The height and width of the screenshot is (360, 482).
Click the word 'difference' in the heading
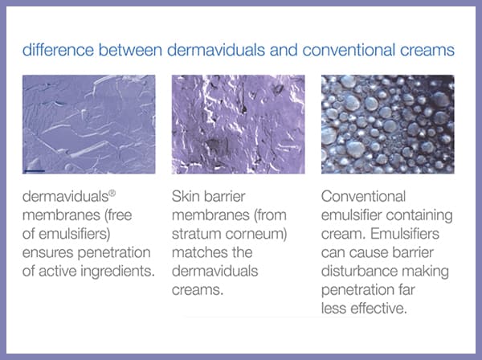coord(58,50)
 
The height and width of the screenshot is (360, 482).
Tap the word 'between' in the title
coord(130,50)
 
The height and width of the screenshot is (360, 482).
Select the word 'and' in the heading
coord(284,50)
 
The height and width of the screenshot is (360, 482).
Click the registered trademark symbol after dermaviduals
coord(112,194)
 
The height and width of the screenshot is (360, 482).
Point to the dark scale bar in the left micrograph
coord(35,170)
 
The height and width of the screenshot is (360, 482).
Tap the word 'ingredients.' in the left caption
coord(118,272)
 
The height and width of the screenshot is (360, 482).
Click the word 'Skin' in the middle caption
coord(184,196)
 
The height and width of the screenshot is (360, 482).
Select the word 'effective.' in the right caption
coord(378,309)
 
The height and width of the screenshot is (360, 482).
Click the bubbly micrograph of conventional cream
coord(388,125)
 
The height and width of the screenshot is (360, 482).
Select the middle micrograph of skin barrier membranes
coord(239,125)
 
